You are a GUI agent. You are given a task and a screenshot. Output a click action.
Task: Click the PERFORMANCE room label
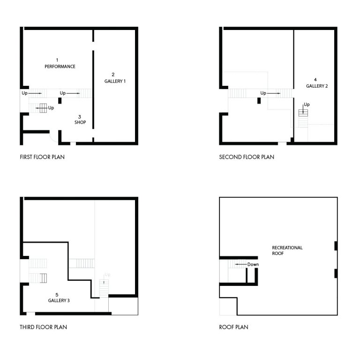pyautogui.click(x=60, y=67)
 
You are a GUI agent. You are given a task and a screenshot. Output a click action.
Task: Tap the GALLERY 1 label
pyautogui.click(x=115, y=81)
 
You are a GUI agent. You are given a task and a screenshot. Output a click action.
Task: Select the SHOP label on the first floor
pyautogui.click(x=80, y=122)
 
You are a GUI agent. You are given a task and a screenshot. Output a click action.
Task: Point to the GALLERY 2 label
pyautogui.click(x=317, y=86)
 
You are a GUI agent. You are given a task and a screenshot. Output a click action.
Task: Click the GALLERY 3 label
pyautogui.click(x=59, y=300)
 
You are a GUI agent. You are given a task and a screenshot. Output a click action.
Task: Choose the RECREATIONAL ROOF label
pyautogui.click(x=287, y=250)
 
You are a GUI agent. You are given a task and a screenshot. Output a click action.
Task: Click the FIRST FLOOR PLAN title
pyautogui.click(x=42, y=157)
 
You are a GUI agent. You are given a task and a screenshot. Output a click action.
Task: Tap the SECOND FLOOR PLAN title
pyautogui.click(x=247, y=157)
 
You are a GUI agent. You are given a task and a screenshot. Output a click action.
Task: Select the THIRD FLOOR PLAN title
pyautogui.click(x=44, y=327)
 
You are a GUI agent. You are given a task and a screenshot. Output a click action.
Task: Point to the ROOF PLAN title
pyautogui.click(x=234, y=327)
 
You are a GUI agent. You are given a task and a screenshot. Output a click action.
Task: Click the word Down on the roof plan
pyautogui.click(x=253, y=264)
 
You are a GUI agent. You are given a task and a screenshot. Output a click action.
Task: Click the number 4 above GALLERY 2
pyautogui.click(x=315, y=80)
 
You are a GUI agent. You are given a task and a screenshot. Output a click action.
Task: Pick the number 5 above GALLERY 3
pyautogui.click(x=57, y=295)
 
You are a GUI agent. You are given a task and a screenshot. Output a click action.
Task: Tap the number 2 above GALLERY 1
pyautogui.click(x=113, y=75)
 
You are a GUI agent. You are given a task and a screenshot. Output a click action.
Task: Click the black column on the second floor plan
pyautogui.click(x=259, y=101)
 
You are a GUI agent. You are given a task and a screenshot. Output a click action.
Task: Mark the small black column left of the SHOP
pyautogui.click(x=60, y=101)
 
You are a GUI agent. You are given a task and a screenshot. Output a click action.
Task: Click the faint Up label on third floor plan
pyautogui.click(x=107, y=275)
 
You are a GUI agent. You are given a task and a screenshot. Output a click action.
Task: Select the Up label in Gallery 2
pyautogui.click(x=307, y=105)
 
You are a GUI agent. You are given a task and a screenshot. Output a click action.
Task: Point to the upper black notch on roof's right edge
pyautogui.click(x=336, y=246)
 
